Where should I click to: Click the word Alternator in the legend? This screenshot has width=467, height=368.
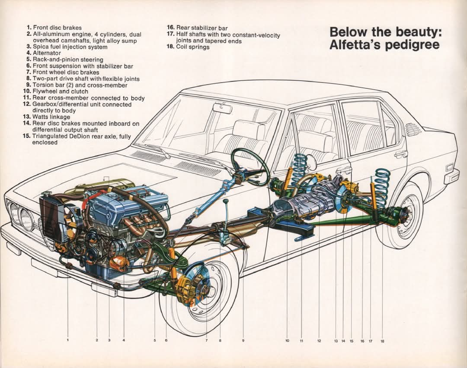[47, 53]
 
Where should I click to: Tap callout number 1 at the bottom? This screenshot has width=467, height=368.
[67, 340]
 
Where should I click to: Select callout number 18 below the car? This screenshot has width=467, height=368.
[382, 341]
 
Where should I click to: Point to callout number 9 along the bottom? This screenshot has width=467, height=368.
[243, 340]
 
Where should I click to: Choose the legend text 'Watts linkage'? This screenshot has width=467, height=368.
[51, 117]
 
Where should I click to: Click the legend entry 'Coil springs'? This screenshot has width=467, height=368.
[193, 47]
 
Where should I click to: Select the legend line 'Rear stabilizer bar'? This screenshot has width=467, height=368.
[202, 28]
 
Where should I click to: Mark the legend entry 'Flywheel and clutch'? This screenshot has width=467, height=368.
[60, 91]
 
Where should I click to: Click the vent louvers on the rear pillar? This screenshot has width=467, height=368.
[413, 129]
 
